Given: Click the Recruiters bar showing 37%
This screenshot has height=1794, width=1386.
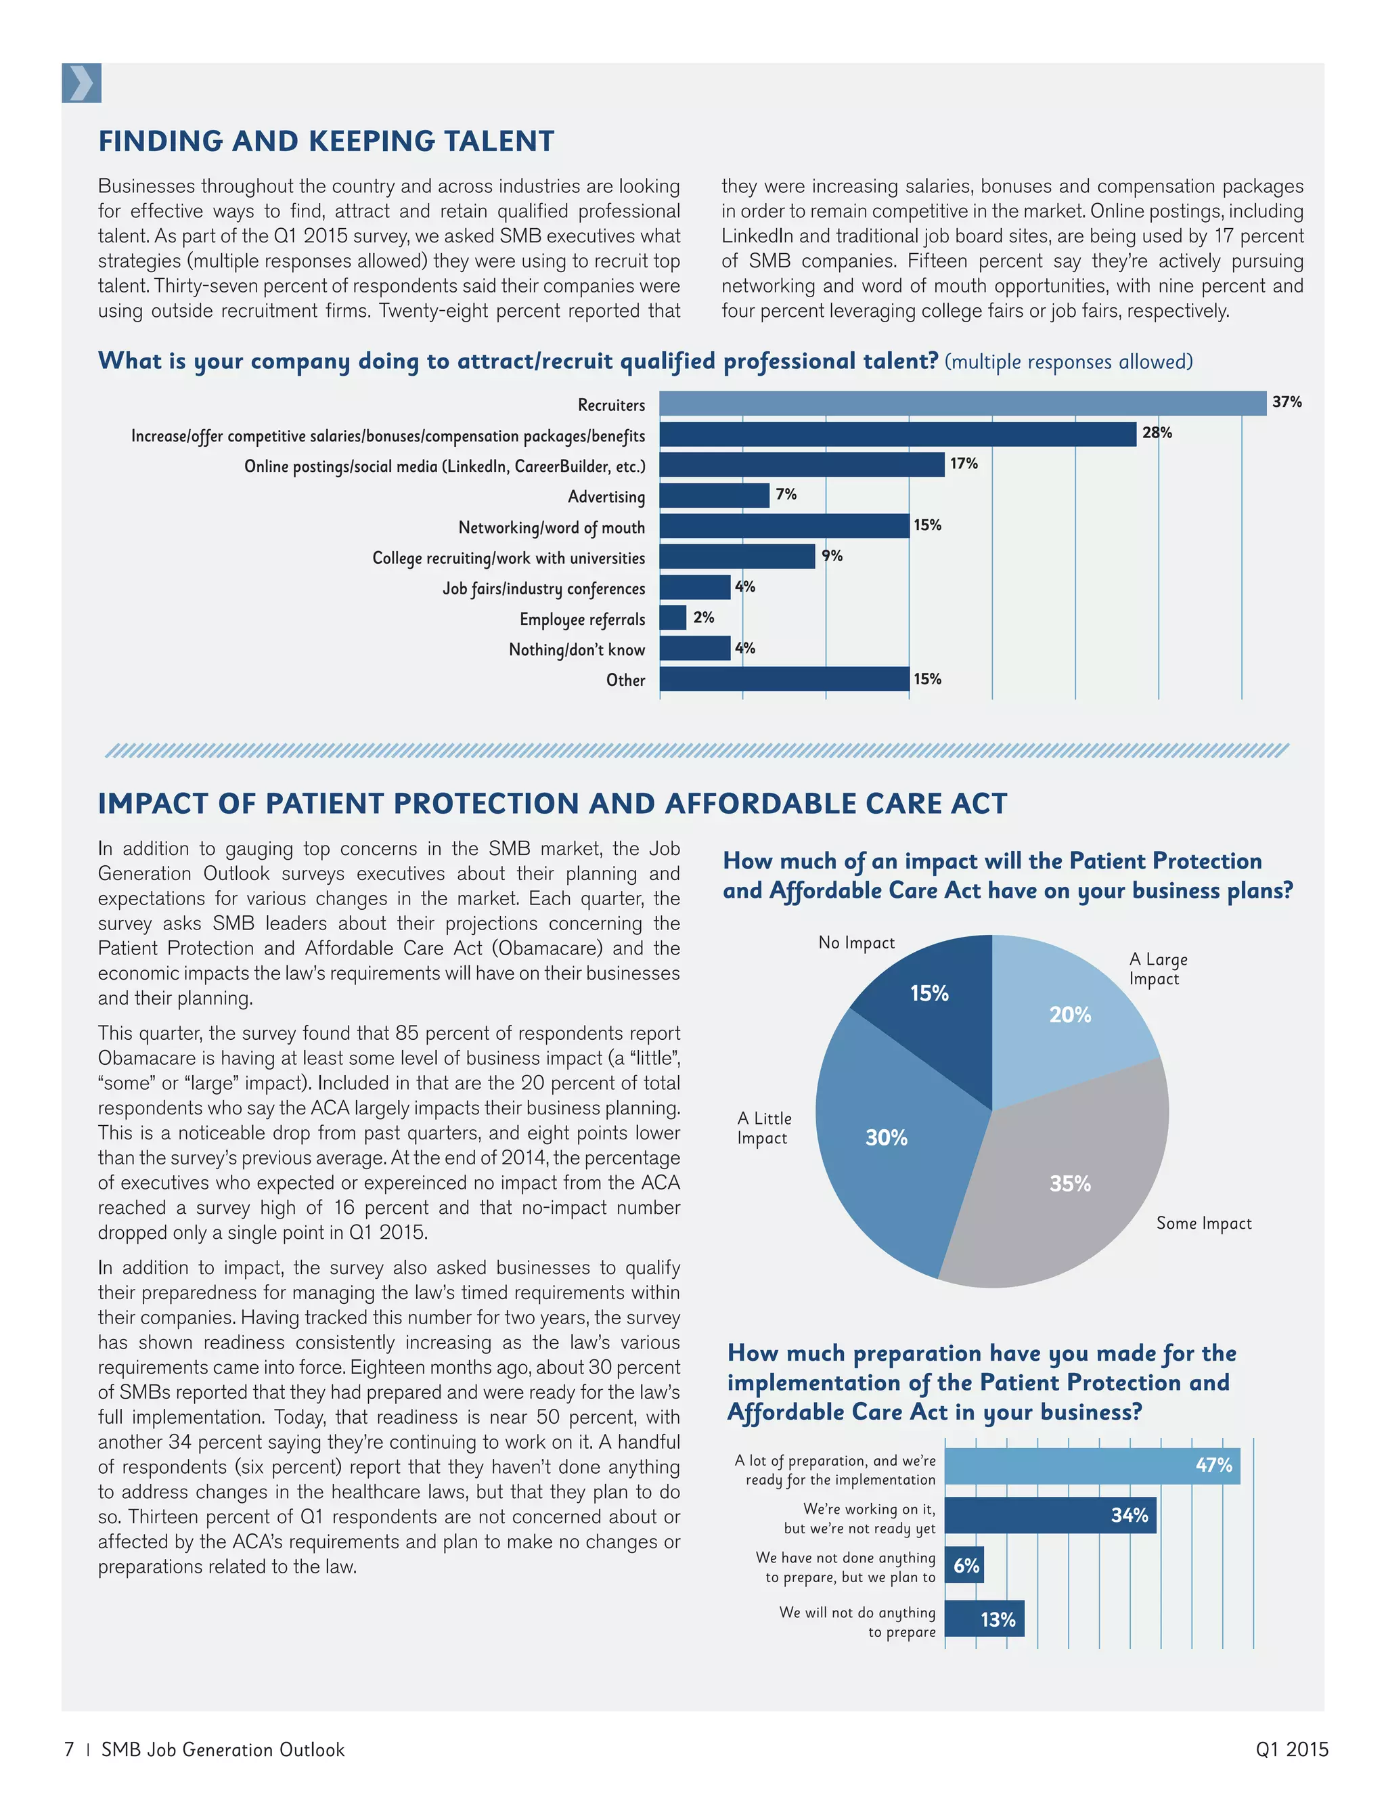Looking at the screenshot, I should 962,403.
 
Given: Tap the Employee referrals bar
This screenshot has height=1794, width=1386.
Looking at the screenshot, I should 673,617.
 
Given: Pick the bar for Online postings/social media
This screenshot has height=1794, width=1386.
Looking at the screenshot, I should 801,465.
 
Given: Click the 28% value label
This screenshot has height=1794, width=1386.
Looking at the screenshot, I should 1157,433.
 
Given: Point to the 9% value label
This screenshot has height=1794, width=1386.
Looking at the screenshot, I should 832,556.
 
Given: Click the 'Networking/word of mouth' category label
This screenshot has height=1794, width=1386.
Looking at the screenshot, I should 551,527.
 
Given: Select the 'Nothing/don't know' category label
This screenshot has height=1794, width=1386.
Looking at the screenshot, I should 577,650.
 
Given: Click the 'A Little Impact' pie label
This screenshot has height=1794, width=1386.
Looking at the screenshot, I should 763,1128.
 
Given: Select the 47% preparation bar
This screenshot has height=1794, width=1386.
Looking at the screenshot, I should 1092,1466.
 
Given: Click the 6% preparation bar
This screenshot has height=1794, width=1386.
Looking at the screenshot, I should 965,1566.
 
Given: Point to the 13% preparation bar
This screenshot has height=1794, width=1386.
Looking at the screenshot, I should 985,1619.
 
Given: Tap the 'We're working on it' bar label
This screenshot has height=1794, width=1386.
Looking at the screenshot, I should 859,1518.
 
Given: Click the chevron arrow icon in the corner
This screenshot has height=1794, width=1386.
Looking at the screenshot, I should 81,83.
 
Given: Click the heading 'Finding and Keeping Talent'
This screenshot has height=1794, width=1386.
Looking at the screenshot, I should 326,141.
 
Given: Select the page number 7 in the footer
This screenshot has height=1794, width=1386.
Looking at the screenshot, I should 70,1749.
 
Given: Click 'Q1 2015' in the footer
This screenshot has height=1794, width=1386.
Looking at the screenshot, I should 1291,1749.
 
